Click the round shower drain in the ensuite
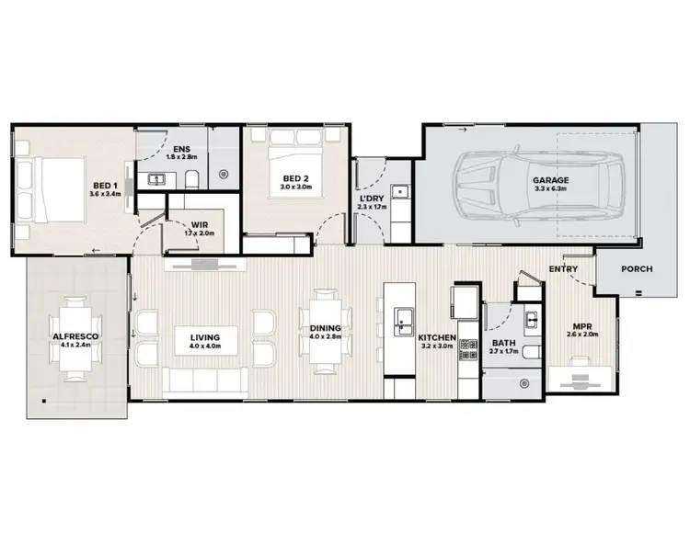224,173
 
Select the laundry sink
399,193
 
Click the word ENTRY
562,268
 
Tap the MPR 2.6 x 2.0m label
581,329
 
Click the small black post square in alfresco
43,401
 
